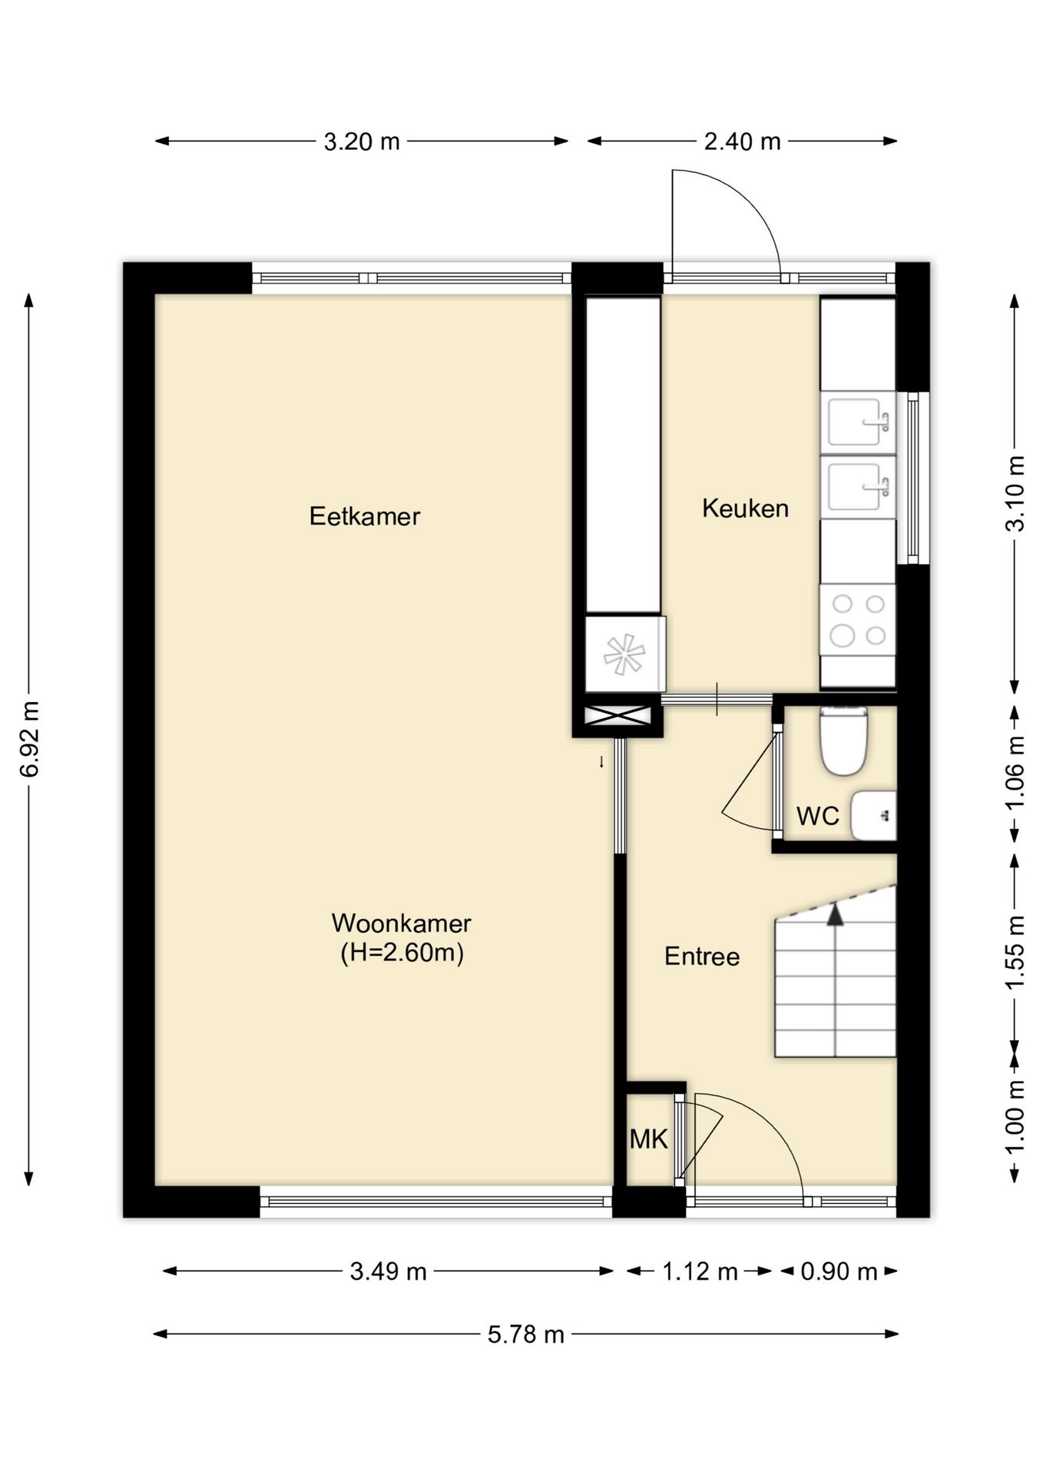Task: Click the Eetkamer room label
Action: (364, 516)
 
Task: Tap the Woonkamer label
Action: (401, 923)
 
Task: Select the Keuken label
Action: (745, 509)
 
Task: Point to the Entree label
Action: (702, 956)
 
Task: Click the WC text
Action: (818, 816)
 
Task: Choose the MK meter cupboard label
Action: (649, 1139)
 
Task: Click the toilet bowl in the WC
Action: (844, 741)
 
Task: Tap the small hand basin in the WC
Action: (874, 815)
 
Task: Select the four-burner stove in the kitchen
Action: (858, 620)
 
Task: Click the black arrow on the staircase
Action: (835, 914)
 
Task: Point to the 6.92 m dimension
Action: (29, 739)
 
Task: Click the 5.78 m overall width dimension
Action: (526, 1334)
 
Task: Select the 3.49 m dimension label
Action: (388, 1271)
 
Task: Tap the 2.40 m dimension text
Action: (742, 141)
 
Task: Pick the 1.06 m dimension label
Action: (1015, 772)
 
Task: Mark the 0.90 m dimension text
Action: (839, 1271)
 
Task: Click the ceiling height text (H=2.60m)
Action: (402, 953)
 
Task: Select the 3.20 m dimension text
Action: (362, 141)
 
